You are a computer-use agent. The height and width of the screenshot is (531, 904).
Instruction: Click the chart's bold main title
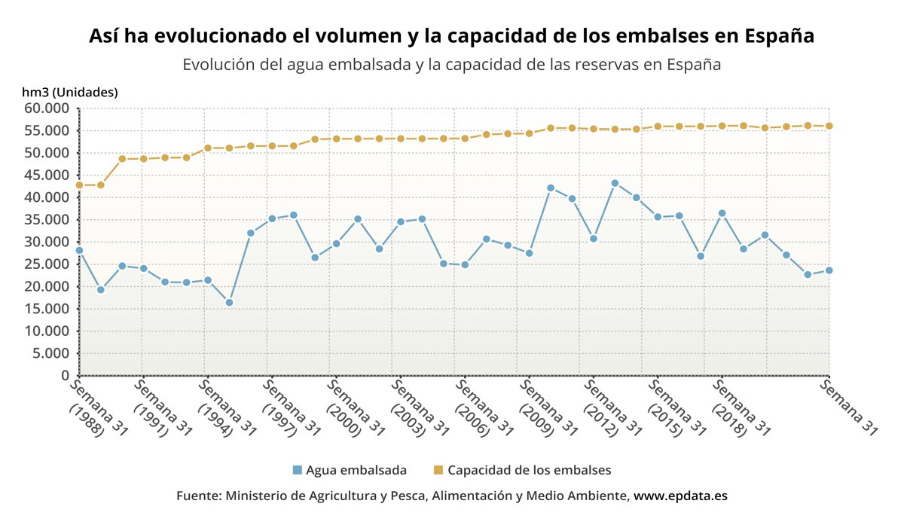452,36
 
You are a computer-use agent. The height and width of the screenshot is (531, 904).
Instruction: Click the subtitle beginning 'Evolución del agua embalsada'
452,65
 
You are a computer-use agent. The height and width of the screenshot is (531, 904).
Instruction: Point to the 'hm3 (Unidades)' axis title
70,93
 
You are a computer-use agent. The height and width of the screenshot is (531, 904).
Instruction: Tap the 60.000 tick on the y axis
52,108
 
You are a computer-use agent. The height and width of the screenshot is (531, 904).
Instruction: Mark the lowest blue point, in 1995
229,303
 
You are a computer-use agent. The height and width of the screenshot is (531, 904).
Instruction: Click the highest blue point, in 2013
615,183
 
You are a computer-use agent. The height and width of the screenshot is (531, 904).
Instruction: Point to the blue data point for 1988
79,250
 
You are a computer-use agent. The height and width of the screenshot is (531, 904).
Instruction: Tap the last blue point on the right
829,270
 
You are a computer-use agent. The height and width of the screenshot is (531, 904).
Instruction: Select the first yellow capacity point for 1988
79,185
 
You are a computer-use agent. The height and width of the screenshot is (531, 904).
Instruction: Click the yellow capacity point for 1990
122,159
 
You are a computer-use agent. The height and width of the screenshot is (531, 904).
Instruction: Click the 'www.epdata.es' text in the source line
680,496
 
